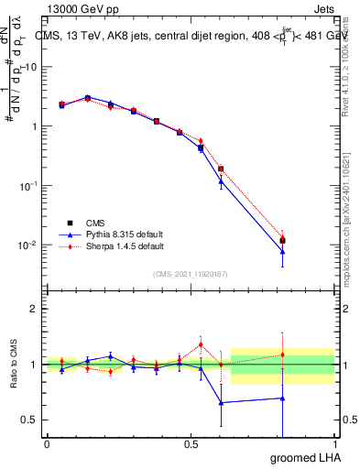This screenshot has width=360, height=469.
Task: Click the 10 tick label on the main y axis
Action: [33, 67]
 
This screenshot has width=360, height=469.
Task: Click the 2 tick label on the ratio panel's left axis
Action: [37, 309]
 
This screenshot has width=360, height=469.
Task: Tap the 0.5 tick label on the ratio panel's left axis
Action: [32, 420]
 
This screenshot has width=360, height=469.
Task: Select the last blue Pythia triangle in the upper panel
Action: [283, 251]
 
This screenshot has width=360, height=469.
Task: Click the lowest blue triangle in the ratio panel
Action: [221, 402]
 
